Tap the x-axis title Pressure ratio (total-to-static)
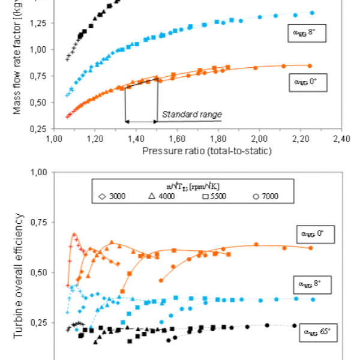(207, 151)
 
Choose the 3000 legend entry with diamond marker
(111, 196)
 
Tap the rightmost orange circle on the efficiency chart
(310, 247)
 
